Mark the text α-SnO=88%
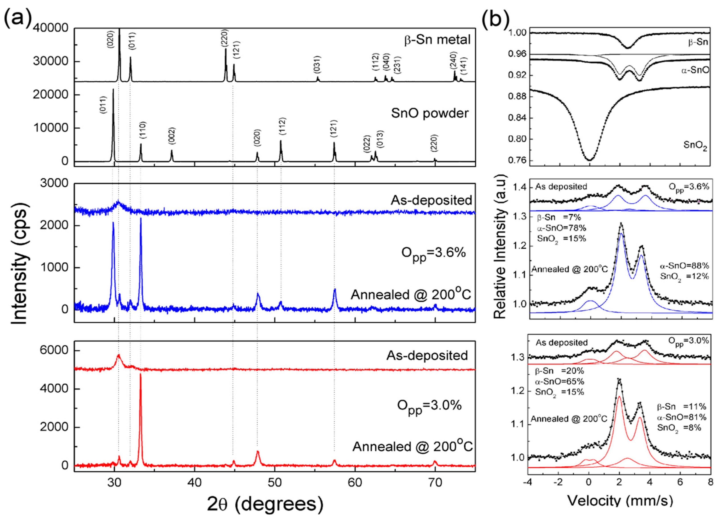[684, 266]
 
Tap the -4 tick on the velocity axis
[527, 482]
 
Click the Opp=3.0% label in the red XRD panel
[429, 406]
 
